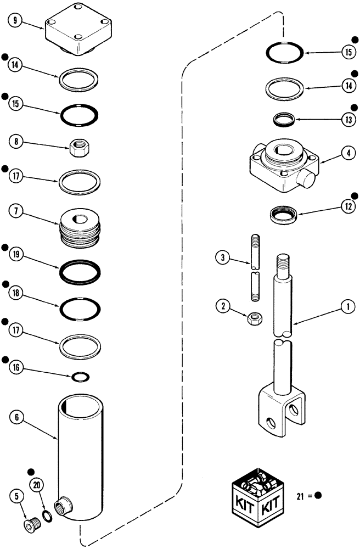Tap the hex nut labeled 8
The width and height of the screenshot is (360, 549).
pos(78,146)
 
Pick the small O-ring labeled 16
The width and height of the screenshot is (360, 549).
pos(80,377)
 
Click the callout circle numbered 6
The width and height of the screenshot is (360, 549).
pos(15,418)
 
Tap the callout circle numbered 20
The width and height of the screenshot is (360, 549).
pos(37,485)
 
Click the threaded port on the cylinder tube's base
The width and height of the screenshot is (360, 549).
pos(63,506)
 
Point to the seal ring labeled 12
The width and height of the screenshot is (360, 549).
pos(284,214)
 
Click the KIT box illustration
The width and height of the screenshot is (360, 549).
pos(254,494)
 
